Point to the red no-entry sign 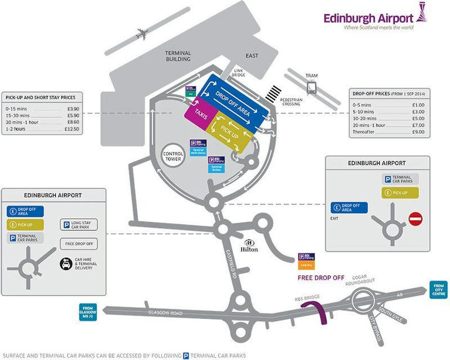pos(415,219)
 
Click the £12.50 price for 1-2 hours pos(72,129)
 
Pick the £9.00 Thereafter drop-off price pos(418,132)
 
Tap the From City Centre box pos(438,290)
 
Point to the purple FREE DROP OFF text pos(321,277)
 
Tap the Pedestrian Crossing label pos(291,102)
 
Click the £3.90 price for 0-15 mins pos(73,109)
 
